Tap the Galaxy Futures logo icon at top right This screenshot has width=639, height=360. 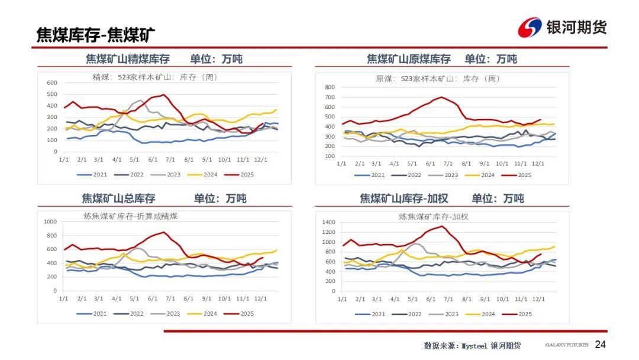(x=530, y=27)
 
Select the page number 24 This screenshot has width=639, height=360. (x=601, y=345)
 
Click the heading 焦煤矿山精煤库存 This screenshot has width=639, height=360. (x=128, y=59)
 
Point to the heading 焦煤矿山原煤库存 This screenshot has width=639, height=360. (x=408, y=59)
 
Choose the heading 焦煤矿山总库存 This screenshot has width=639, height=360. (x=118, y=198)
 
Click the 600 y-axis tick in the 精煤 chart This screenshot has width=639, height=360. (x=52, y=83)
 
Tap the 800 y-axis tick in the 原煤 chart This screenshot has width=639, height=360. (x=330, y=87)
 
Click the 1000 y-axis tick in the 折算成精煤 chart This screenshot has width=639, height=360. (x=50, y=222)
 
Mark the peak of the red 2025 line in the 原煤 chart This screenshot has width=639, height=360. (x=441, y=97)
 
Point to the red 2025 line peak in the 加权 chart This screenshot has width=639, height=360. (x=442, y=226)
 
